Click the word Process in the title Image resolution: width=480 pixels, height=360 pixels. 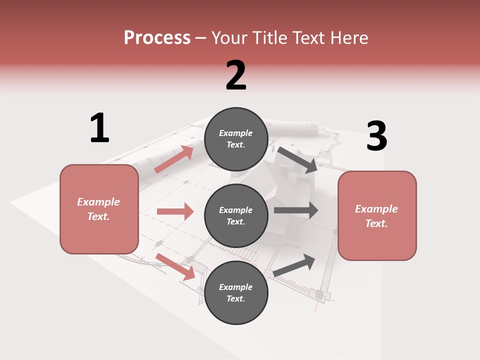(157, 38)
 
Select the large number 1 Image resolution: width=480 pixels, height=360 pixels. (99, 128)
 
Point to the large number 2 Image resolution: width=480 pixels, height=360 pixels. (236, 75)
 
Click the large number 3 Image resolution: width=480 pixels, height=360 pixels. (376, 136)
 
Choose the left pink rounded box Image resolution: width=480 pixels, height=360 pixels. (99, 209)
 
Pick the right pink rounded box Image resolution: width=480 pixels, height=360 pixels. (377, 215)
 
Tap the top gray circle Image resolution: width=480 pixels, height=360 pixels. (236, 139)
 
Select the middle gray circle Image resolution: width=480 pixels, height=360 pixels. (236, 215)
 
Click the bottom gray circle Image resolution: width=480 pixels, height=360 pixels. (236, 292)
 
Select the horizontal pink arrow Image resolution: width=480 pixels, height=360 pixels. (175, 211)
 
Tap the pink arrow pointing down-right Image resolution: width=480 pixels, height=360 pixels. (175, 266)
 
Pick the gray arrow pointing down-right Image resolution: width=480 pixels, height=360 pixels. (297, 160)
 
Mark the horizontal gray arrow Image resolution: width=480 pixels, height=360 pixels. (295, 210)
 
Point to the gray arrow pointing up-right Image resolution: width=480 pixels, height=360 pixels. (294, 264)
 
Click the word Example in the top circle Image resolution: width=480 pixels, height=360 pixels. (236, 133)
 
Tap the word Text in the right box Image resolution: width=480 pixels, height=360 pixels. (376, 223)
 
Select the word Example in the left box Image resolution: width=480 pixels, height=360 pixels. (98, 202)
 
